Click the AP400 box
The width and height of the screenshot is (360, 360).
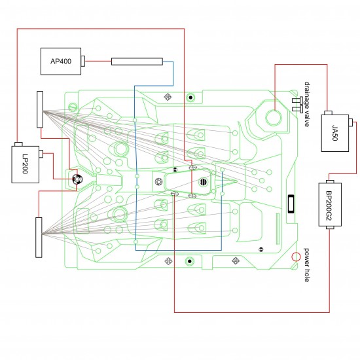[61, 62]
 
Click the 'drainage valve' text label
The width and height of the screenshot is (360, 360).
[306, 103]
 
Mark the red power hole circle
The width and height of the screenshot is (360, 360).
[296, 257]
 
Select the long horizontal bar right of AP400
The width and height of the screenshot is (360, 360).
[136, 62]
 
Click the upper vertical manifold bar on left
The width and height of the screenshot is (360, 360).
[40, 110]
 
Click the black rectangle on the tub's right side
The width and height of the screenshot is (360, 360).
[291, 203]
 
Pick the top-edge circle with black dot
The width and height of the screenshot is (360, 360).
[190, 97]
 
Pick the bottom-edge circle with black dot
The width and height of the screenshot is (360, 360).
[189, 261]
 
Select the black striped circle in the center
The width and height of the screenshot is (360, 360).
[204, 181]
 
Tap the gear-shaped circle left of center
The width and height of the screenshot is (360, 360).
[158, 181]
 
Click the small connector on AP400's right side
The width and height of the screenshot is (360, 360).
[84, 62]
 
